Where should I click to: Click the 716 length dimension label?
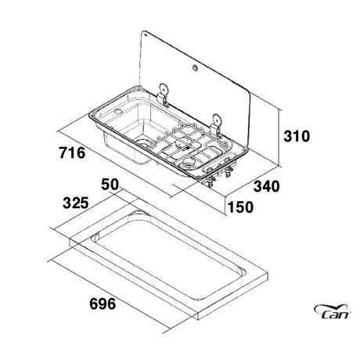(x=72, y=153)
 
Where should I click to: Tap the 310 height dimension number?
(x=297, y=136)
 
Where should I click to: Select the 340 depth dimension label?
(x=267, y=186)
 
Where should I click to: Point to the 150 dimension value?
(x=240, y=207)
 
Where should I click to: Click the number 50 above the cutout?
(x=110, y=184)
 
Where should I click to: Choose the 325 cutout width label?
(x=76, y=203)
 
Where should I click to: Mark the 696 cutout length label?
(x=103, y=304)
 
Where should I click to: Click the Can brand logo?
(x=332, y=311)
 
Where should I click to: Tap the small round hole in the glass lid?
(x=195, y=68)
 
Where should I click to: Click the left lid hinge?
(x=164, y=95)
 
